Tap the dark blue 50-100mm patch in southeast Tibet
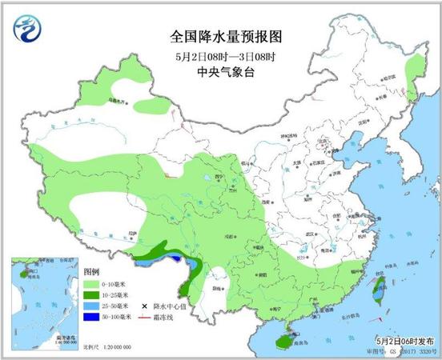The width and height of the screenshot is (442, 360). (x=173, y=258)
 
